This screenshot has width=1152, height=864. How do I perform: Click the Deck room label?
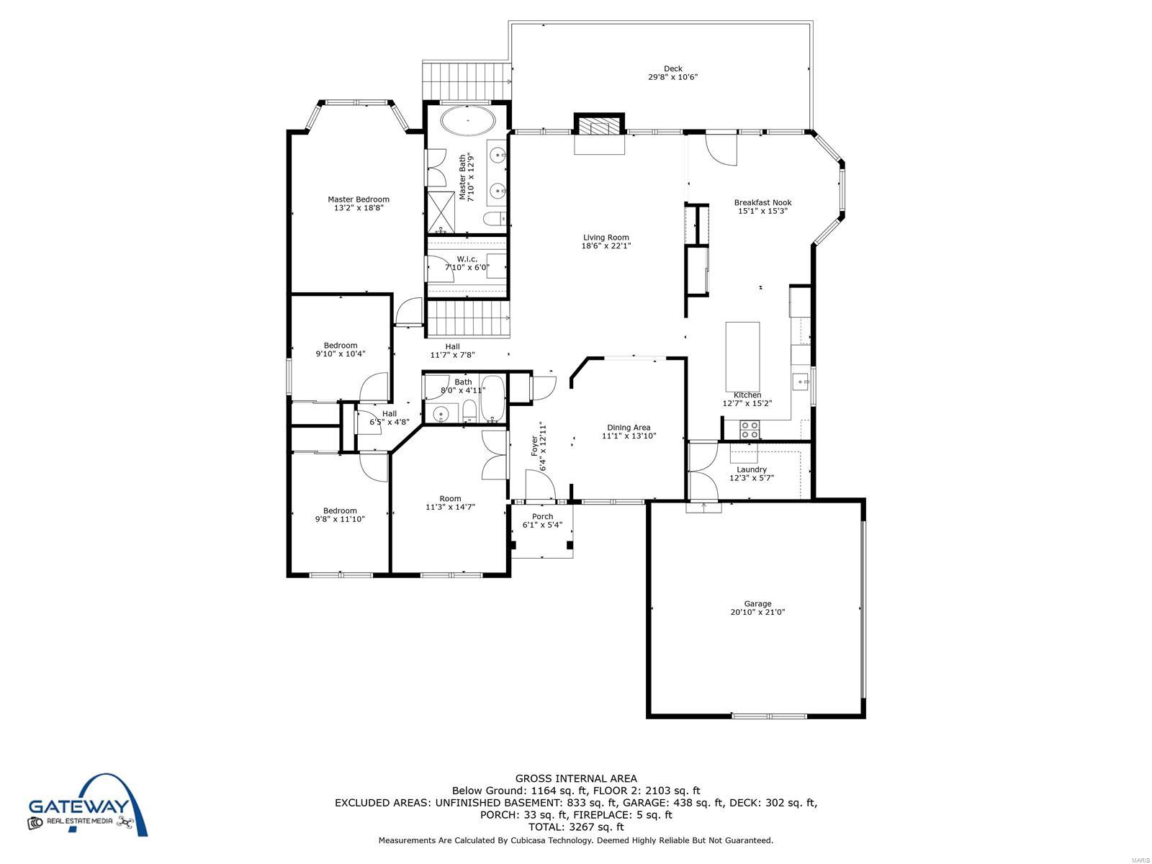[672, 68]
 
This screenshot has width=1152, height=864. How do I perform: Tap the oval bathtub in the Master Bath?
[467, 121]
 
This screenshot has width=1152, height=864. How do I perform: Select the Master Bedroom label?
[359, 199]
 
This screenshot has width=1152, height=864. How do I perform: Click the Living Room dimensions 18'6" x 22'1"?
[606, 246]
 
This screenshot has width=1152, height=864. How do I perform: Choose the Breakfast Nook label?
[762, 202]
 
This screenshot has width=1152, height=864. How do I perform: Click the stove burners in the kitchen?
[749, 430]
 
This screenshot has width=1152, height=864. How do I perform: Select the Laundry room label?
[752, 469]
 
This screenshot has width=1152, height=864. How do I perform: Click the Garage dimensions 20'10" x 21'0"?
[757, 612]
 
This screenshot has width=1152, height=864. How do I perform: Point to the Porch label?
[542, 517]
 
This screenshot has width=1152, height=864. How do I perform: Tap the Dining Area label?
[629, 428]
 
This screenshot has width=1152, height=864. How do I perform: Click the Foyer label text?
[535, 446]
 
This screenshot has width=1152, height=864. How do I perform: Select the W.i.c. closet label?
[467, 259]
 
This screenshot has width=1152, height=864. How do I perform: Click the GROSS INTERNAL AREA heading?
[576, 779]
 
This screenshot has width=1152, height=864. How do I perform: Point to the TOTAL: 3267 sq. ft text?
[576, 827]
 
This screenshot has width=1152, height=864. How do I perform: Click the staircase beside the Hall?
[467, 318]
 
